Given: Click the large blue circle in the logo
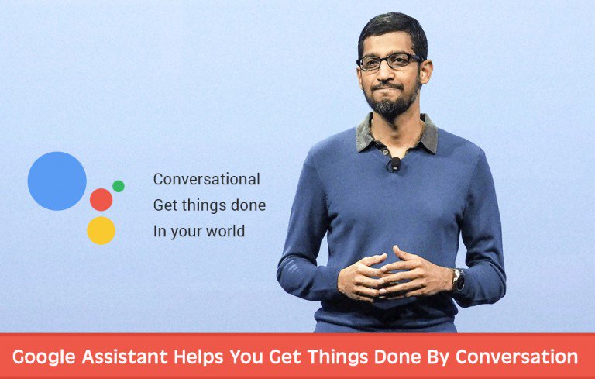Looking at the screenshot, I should [x=57, y=181].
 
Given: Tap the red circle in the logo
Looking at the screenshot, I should [x=101, y=200].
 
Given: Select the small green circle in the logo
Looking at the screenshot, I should [x=119, y=186].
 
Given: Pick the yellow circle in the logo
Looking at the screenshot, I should [x=101, y=231].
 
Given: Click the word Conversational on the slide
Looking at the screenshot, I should [x=206, y=179].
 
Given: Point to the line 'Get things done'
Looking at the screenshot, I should [x=209, y=205].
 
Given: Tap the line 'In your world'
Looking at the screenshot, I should [x=199, y=231].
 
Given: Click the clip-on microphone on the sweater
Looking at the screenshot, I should [x=394, y=164].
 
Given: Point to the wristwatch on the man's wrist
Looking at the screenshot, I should [x=459, y=280].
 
